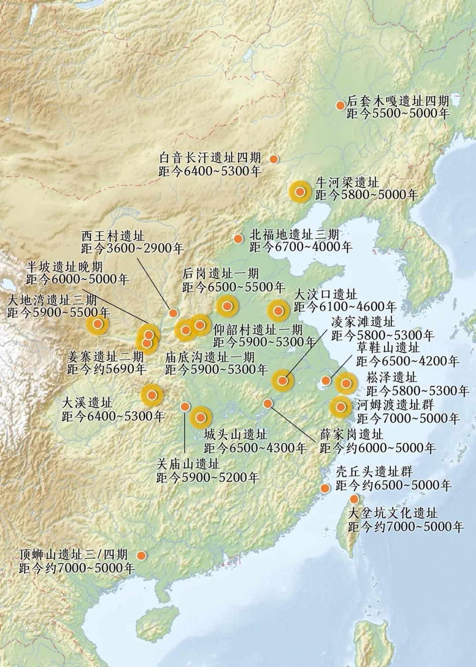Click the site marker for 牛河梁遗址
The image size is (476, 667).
(300, 192)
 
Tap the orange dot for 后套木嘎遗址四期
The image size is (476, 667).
(340, 106)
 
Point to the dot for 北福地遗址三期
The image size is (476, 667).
(238, 239)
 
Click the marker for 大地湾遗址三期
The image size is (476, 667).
(98, 324)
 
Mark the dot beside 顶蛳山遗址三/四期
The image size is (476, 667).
(141, 555)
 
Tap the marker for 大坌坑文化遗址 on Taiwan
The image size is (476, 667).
(354, 499)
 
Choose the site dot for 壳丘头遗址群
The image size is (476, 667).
(325, 488)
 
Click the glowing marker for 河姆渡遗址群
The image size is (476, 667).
(341, 407)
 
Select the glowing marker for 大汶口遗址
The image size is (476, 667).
(278, 311)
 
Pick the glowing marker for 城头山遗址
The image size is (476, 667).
(201, 417)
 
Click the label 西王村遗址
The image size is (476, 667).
(113, 235)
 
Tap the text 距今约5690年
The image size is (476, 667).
(107, 369)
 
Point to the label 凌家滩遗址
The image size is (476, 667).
(363, 322)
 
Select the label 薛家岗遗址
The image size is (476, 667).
(352, 435)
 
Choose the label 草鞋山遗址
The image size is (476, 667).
(388, 348)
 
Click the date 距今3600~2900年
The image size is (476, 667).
(132, 248)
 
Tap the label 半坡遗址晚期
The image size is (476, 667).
(64, 266)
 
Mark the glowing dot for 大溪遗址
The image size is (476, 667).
(152, 395)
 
